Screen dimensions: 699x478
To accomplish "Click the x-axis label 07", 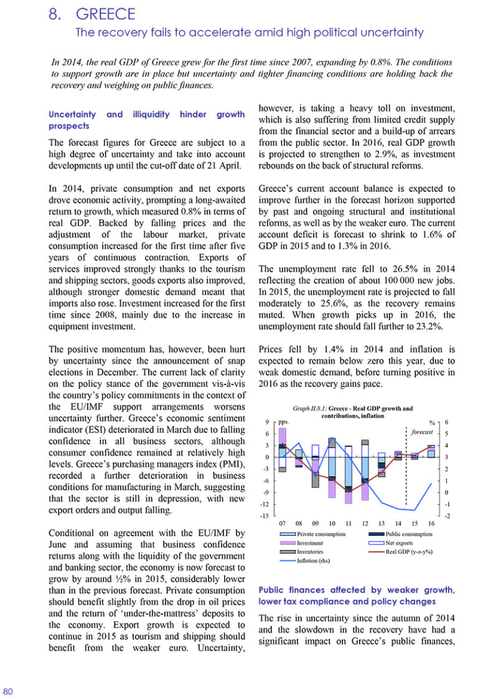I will point(282,524).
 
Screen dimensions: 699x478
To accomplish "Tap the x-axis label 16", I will point(431,524).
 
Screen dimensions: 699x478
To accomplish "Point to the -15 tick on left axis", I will point(264,516).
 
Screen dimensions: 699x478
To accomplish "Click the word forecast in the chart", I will point(420,432).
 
